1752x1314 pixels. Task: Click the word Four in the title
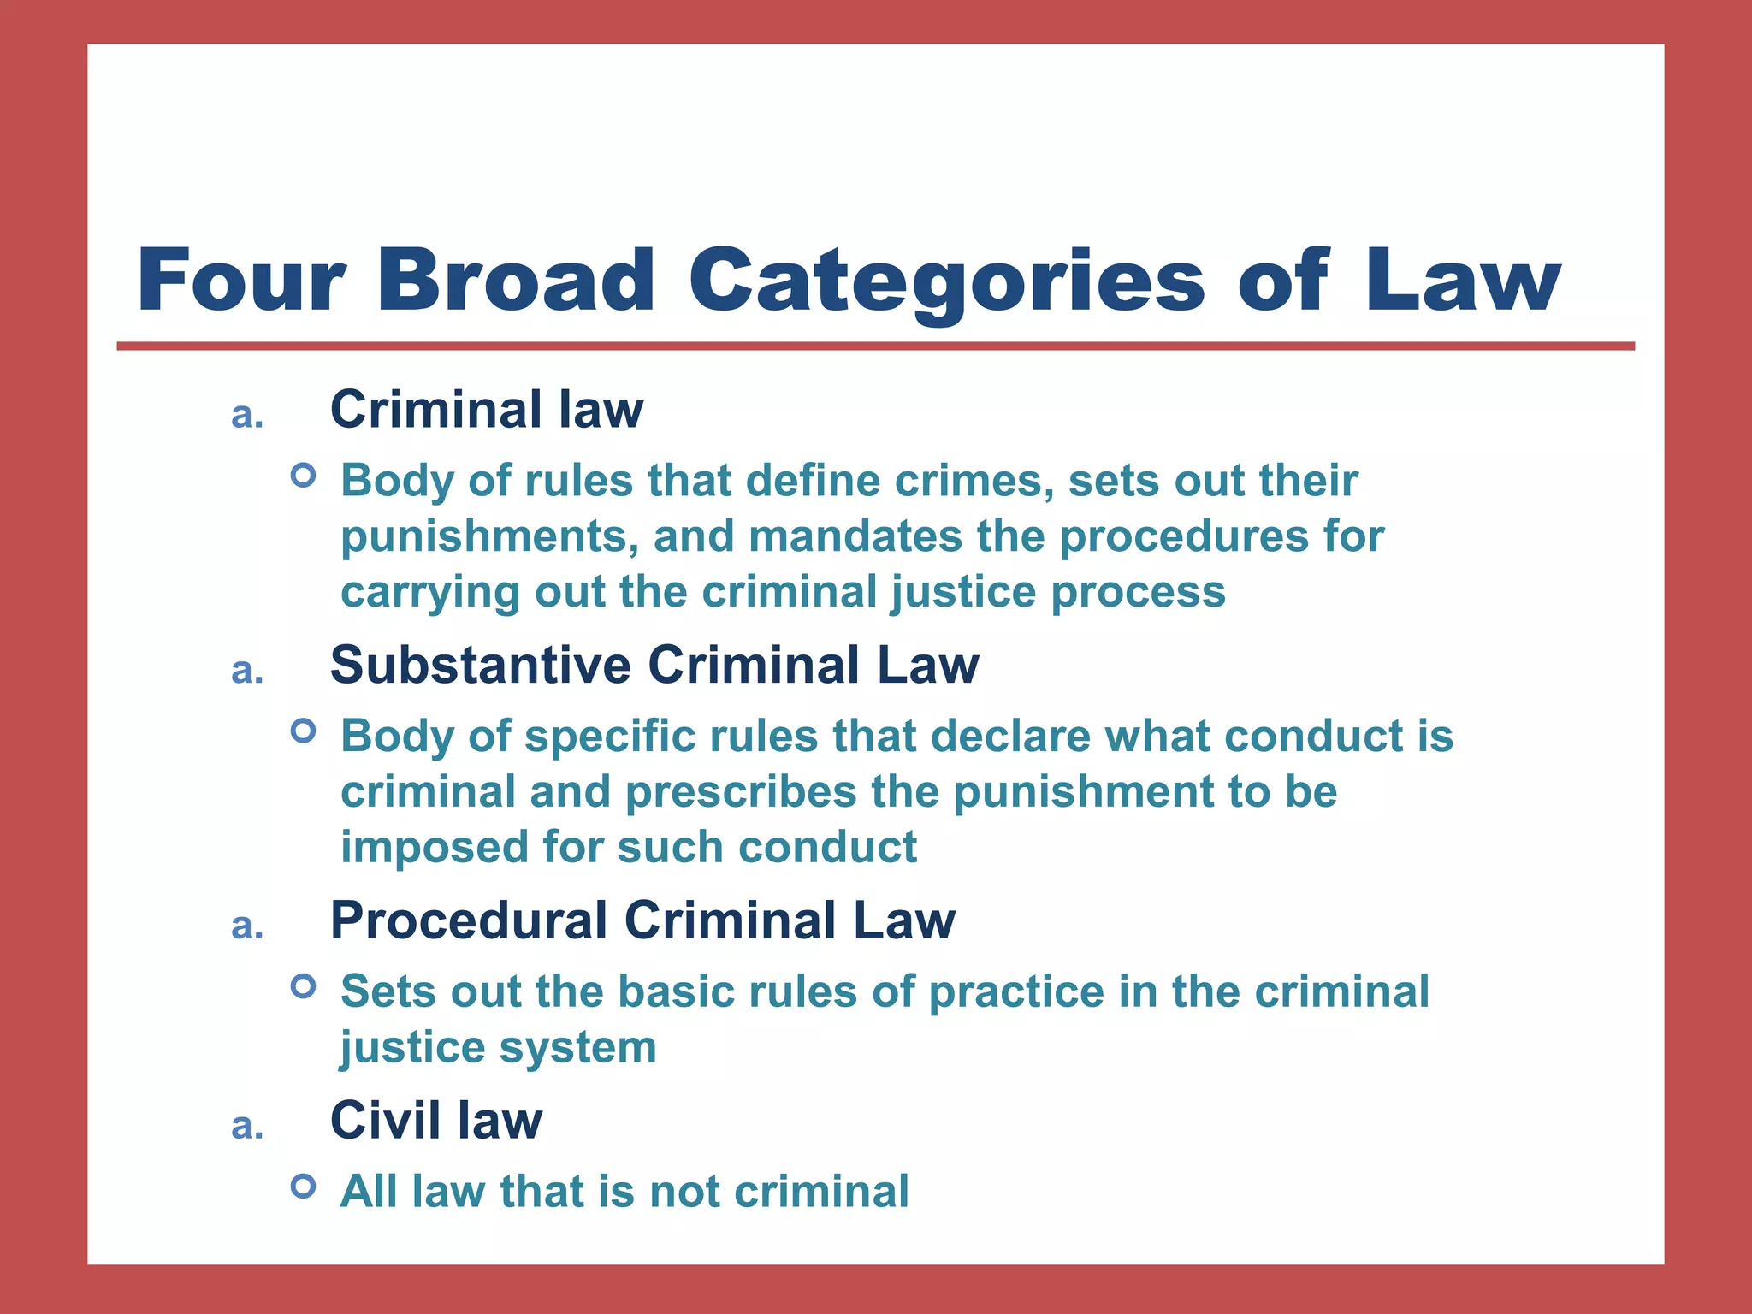pos(241,281)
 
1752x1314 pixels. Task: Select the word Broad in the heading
pos(516,281)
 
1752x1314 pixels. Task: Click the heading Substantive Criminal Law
pos(654,665)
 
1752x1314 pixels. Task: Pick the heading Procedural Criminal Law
pos(642,920)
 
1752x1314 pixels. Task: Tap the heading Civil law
pos(436,1120)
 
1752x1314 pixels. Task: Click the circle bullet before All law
pos(303,1187)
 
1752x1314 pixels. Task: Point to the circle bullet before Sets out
pos(303,986)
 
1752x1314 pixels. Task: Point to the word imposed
pos(434,848)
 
